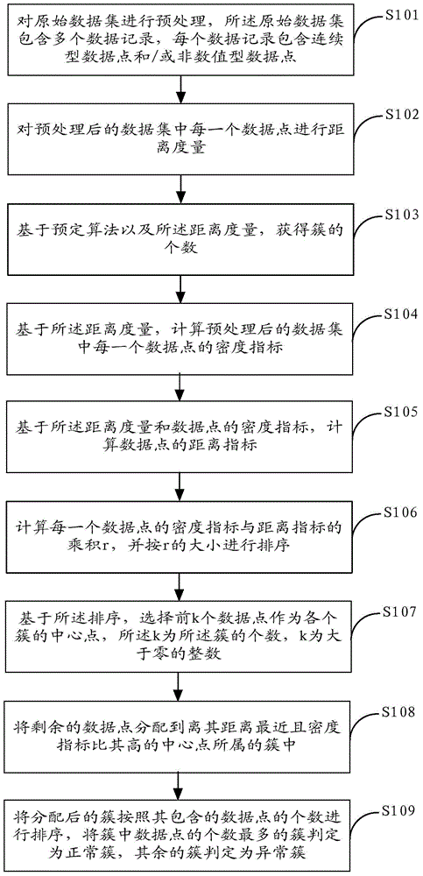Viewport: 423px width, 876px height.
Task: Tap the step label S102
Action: [x=398, y=115]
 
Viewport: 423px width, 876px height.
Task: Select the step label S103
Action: [x=398, y=215]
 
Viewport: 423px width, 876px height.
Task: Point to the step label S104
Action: [x=398, y=314]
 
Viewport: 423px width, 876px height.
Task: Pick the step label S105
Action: [x=398, y=413]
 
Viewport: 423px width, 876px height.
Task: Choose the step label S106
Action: [x=398, y=512]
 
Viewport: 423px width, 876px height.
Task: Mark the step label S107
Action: [x=398, y=611]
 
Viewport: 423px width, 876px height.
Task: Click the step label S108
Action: [x=398, y=712]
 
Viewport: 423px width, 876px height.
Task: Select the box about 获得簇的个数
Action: [x=180, y=238]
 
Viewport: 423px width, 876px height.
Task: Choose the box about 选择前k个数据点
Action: [x=180, y=636]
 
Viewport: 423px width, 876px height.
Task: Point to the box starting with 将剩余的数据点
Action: [x=180, y=735]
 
